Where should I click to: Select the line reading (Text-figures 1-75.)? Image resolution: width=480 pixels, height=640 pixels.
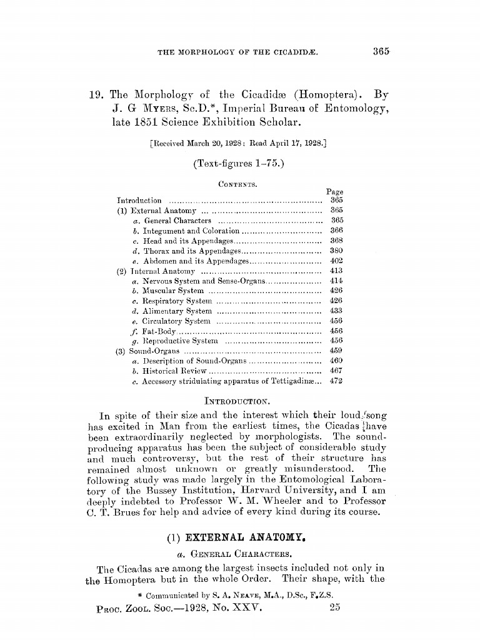239,164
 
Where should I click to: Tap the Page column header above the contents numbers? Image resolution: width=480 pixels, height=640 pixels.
335,192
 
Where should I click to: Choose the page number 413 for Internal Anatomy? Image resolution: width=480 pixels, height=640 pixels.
336,271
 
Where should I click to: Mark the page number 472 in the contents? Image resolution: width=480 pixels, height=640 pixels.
336,381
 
